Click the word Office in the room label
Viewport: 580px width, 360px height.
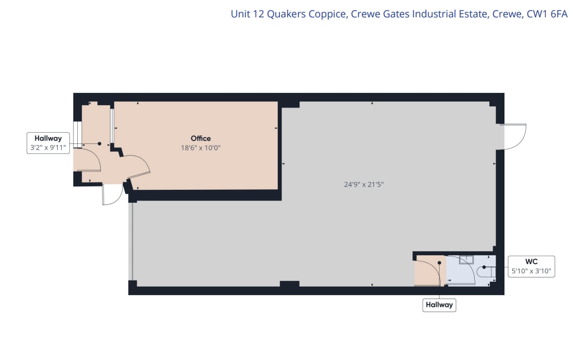(x=200, y=138)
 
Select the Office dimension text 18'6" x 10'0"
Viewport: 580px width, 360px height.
(x=200, y=148)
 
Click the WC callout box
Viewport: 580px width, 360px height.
(x=531, y=267)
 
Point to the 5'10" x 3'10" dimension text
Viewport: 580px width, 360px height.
(x=531, y=272)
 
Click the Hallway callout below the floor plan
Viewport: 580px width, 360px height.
(x=439, y=305)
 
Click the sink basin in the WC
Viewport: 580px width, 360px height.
(x=466, y=259)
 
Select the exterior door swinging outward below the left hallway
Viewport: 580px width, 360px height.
(x=112, y=195)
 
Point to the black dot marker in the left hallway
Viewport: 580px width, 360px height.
(x=100, y=143)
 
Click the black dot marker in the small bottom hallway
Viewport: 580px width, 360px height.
(x=439, y=262)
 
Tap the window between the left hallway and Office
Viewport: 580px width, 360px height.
(x=112, y=125)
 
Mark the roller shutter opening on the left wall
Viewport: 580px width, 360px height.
(x=132, y=241)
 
